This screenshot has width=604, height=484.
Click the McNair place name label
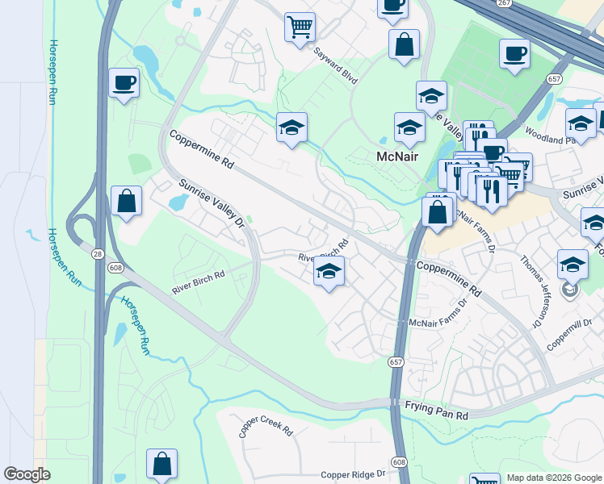398,156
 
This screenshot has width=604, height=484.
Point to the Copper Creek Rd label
265,426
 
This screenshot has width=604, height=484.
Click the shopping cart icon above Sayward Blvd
300,27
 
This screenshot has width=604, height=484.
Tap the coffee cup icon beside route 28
124,82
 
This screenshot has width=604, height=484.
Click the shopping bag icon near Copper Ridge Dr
161,464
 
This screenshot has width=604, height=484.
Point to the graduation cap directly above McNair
409,127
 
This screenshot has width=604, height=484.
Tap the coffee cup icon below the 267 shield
514,54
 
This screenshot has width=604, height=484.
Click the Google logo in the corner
27,474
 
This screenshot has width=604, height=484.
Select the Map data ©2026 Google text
554,478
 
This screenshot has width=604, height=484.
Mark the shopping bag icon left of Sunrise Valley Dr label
127,201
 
